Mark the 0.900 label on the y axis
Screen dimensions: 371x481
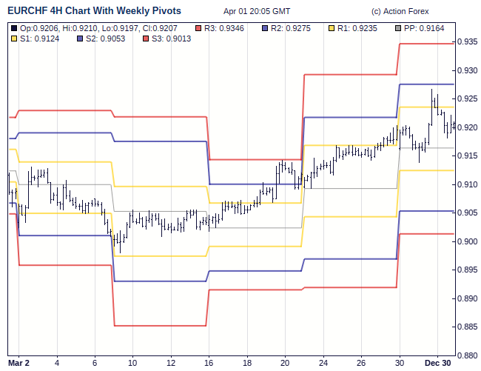click(x=466, y=241)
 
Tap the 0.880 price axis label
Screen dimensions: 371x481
click(x=466, y=355)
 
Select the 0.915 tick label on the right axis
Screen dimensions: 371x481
click(x=466, y=156)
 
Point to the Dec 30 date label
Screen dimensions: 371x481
click(x=437, y=363)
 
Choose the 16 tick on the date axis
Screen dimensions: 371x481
click(x=209, y=363)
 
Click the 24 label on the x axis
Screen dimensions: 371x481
click(x=323, y=363)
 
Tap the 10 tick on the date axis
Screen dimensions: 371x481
click(x=132, y=363)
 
